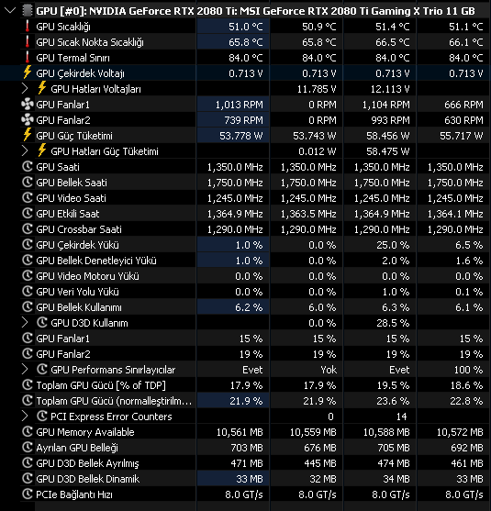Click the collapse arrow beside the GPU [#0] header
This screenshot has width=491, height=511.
coord(10,11)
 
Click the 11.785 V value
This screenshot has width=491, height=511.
coord(317,89)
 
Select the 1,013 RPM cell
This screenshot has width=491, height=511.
coord(239,105)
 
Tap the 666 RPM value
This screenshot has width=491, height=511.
coord(463,105)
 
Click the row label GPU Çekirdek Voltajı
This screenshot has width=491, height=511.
coord(80,73)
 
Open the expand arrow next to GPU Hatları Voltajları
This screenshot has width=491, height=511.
coord(25,88)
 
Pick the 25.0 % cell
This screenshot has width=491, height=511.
coord(393,245)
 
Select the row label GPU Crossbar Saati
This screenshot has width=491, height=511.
coord(79,229)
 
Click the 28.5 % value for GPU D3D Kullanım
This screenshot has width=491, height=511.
coord(393,323)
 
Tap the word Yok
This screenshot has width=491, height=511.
coord(329,370)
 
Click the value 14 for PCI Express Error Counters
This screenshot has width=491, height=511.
coord(401,417)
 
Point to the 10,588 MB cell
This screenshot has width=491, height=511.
coord(386,432)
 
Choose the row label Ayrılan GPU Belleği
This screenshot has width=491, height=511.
coord(77,448)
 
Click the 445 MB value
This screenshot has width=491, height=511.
coord(319,463)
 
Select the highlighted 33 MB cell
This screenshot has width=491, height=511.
coord(250,479)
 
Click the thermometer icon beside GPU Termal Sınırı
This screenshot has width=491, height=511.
coord(28,57)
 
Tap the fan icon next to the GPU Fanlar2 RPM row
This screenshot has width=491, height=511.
coord(28,120)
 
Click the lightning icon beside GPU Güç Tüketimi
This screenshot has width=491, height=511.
coord(28,135)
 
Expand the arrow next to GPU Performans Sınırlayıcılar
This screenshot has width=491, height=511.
coord(25,369)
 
